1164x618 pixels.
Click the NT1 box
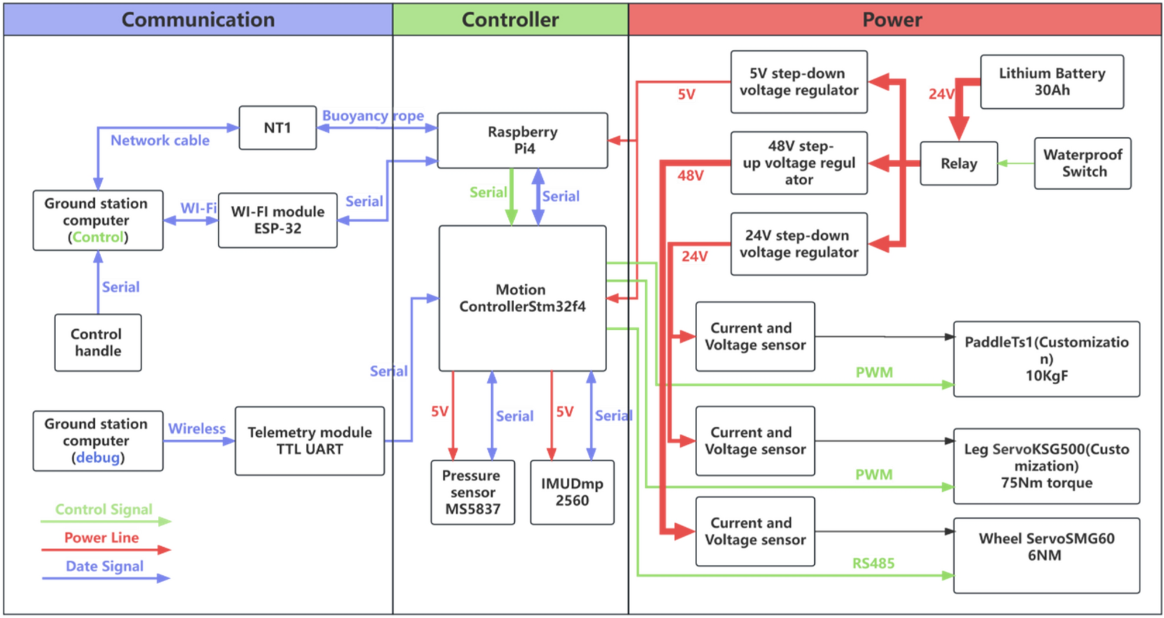(x=277, y=127)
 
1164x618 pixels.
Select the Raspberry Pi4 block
(x=522, y=140)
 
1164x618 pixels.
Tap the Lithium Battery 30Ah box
(x=1052, y=82)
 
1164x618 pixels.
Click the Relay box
(x=959, y=164)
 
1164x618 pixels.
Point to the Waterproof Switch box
(x=1082, y=163)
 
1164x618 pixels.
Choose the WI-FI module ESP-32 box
(x=277, y=220)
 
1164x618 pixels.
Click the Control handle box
(x=98, y=343)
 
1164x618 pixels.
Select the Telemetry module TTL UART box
(x=309, y=441)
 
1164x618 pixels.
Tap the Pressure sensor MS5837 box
(x=473, y=492)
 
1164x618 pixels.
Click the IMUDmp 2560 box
(x=572, y=492)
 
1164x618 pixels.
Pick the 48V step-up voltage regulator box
(x=798, y=163)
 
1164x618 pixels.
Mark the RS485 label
(x=873, y=564)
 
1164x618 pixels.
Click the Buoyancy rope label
(x=373, y=116)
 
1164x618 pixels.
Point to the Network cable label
(x=160, y=140)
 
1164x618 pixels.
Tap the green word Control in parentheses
(x=98, y=237)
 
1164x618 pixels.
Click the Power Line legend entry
(x=102, y=538)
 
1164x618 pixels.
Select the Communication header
(x=198, y=19)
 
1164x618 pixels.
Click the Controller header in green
(x=510, y=19)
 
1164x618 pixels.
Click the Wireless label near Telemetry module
(x=197, y=429)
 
